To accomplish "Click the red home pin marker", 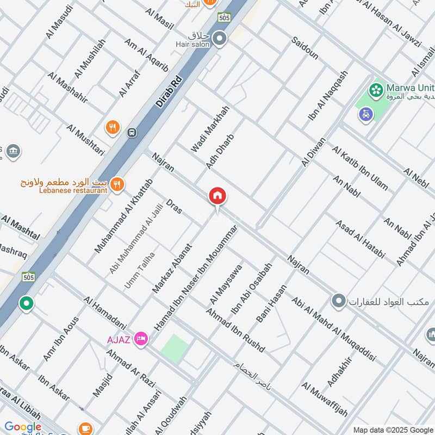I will (x=217, y=196).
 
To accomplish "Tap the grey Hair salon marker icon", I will (x=220, y=39).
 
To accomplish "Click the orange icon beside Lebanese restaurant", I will (x=117, y=185).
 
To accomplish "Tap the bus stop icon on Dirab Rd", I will (x=131, y=132).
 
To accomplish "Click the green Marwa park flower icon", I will (x=375, y=89).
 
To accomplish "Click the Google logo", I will (x=23, y=427).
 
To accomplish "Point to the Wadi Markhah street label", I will (x=210, y=129).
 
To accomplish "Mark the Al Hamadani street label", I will (x=105, y=313).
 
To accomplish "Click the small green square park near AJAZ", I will (x=176, y=347).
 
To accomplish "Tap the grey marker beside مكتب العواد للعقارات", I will (x=339, y=301).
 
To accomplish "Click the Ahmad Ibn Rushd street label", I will (x=235, y=330).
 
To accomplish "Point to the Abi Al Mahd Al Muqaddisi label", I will (x=334, y=330).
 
